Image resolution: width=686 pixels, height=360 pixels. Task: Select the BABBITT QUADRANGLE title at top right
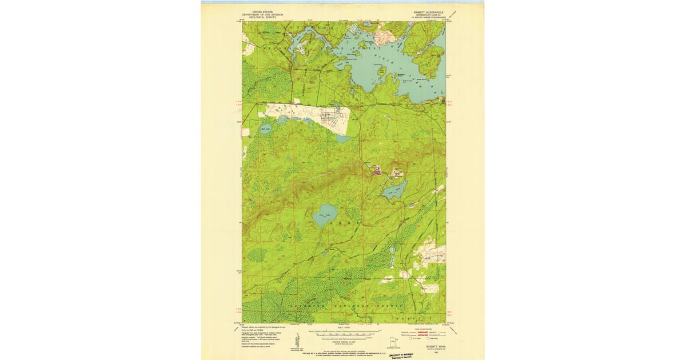(428, 11)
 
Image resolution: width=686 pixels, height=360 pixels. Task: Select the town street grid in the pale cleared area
(332, 118)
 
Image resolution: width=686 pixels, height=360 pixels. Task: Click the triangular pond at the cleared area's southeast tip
(342, 138)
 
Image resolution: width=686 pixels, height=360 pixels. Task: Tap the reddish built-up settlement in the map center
(377, 170)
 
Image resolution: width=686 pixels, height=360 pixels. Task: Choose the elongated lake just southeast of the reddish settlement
(394, 188)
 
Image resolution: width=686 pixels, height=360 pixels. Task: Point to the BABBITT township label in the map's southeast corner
(421, 317)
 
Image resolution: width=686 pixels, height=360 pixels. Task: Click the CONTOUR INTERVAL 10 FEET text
(343, 341)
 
